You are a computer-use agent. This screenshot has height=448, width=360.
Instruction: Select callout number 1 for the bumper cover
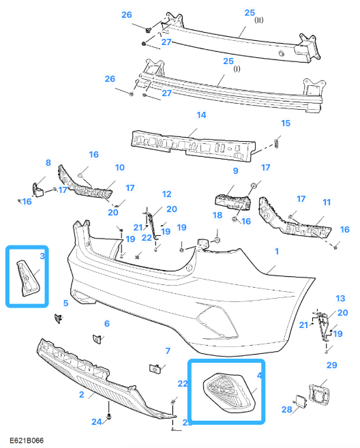pyautogui.click(x=277, y=252)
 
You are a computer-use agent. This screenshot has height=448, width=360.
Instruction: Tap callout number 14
pyautogui.click(x=202, y=115)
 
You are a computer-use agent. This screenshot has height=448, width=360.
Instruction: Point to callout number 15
pyautogui.click(x=286, y=123)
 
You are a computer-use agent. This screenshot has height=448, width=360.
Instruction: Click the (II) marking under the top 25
pyautogui.click(x=259, y=20)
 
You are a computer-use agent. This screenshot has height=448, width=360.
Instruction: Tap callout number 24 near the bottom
pyautogui.click(x=97, y=421)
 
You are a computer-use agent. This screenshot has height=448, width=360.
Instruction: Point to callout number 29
pyautogui.click(x=332, y=366)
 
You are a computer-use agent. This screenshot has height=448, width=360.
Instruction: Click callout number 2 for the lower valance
pyautogui.click(x=81, y=395)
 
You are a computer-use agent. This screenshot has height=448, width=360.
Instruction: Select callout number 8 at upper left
pyautogui.click(x=48, y=162)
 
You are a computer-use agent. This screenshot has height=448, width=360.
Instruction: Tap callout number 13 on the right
pyautogui.click(x=341, y=299)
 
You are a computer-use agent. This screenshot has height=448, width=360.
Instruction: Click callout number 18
pyautogui.click(x=217, y=215)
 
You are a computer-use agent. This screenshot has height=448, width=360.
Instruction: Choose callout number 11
pyautogui.click(x=327, y=202)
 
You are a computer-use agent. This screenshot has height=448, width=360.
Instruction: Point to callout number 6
pyautogui.click(x=106, y=323)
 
